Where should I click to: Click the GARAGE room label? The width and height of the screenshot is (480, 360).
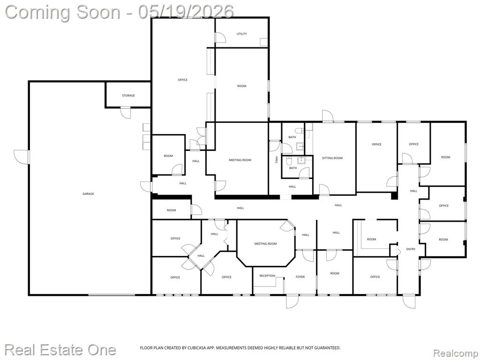click(88, 194)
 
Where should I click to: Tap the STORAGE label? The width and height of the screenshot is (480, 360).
click(128, 96)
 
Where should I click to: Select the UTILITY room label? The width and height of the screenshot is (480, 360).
click(242, 34)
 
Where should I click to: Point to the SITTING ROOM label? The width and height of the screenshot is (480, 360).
click(332, 158)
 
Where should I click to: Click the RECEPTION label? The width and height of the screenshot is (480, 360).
click(267, 276)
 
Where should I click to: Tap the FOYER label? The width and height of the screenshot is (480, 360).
click(300, 277)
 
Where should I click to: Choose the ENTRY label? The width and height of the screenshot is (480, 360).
click(411, 249)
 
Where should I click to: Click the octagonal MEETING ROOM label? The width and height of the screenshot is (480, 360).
click(265, 244)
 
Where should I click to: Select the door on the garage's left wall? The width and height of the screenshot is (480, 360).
click(22, 157)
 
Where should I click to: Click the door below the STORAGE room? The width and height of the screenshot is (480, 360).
click(126, 112)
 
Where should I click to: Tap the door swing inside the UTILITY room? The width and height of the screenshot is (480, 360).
click(220, 37)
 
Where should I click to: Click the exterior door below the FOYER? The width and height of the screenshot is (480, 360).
click(292, 301)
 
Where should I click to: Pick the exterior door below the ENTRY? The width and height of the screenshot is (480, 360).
click(409, 301)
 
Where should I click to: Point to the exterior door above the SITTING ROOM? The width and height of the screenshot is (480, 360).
click(328, 116)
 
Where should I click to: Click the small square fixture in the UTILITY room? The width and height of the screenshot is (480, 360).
click(263, 42)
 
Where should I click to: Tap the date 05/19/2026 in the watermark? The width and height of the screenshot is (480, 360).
click(186, 12)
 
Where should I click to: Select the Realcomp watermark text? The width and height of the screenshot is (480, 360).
click(456, 353)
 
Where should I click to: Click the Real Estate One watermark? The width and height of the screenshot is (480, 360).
click(60, 350)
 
